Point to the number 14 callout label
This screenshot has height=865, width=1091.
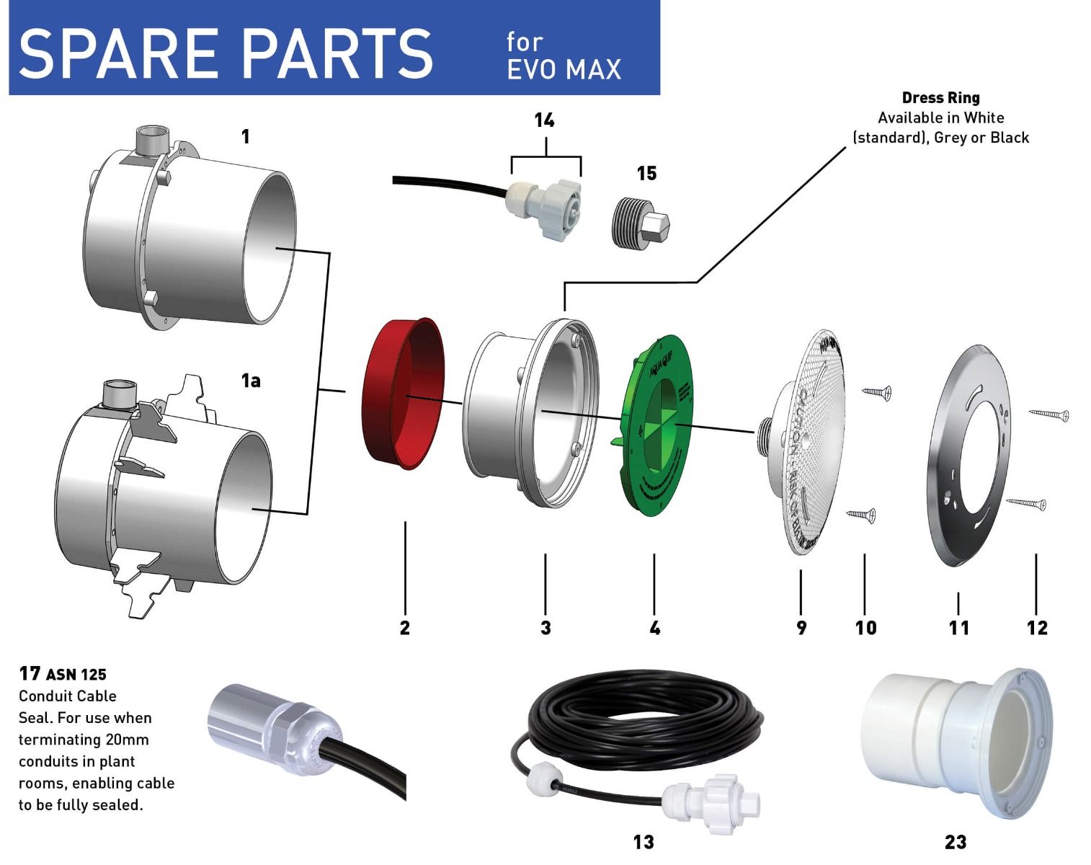[x=544, y=120]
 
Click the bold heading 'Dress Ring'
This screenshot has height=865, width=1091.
[x=940, y=97]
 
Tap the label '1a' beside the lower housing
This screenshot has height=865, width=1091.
[x=251, y=381]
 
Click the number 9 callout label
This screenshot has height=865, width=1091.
[x=801, y=628]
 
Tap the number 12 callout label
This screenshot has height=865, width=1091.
[x=1037, y=628]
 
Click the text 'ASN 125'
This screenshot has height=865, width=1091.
[x=76, y=675]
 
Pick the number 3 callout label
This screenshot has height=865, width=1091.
[x=545, y=628]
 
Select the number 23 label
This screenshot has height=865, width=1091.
[x=955, y=842]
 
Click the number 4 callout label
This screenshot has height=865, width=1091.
[x=654, y=628]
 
